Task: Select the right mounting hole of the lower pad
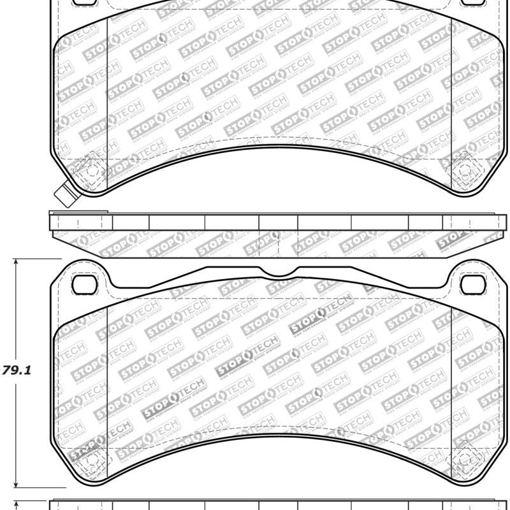click(472, 284)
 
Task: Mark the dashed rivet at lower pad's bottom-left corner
click(86, 454)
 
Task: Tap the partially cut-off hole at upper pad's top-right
click(472, 3)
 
